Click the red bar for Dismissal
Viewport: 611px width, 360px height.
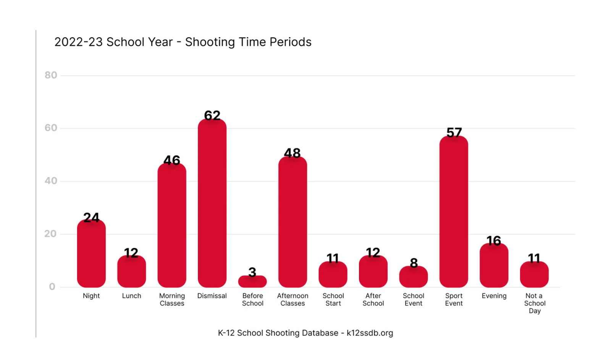click(212, 203)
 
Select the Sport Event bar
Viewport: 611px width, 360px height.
click(454, 211)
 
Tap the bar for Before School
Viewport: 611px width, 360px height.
click(252, 281)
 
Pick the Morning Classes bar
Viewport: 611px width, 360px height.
click(172, 225)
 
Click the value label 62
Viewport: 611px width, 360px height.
click(212, 115)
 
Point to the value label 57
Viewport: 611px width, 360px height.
click(454, 132)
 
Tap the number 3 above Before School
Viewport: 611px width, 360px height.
click(252, 272)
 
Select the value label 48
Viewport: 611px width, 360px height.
click(292, 153)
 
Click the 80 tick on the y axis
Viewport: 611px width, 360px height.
click(51, 75)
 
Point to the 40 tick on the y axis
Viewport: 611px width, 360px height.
click(51, 181)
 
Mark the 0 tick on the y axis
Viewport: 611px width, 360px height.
click(52, 286)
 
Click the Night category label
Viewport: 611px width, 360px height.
click(91, 296)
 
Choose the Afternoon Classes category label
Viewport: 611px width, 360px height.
click(293, 299)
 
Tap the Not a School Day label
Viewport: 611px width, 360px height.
click(535, 303)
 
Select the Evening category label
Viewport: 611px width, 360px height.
click(494, 296)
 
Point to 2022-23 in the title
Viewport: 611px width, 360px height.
click(79, 42)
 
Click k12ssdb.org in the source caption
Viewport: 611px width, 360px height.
click(370, 333)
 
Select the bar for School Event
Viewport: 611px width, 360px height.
click(414, 277)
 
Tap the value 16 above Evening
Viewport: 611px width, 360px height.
click(494, 241)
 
